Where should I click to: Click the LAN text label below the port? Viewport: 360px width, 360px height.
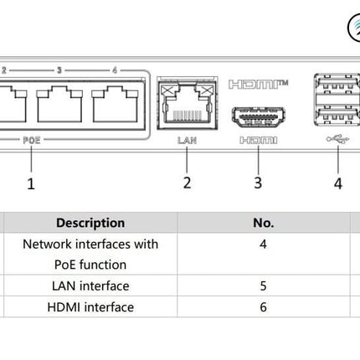click(x=187, y=141)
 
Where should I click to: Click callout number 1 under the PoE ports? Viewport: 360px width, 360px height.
click(x=31, y=182)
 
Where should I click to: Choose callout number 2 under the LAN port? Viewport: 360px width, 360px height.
click(x=187, y=182)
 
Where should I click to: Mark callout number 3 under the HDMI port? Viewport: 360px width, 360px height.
click(x=258, y=182)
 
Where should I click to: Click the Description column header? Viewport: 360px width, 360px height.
click(x=90, y=223)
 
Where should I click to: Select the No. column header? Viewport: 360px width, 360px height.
click(x=263, y=223)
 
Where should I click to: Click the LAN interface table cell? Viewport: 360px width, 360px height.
click(x=90, y=286)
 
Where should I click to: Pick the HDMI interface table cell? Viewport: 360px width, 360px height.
click(x=90, y=307)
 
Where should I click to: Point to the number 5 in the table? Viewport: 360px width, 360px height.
click(x=263, y=286)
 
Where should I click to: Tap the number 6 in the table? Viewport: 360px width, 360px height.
click(x=263, y=307)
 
